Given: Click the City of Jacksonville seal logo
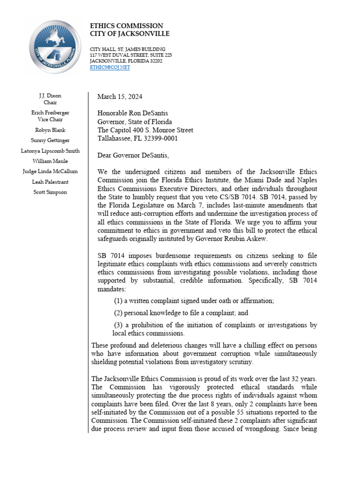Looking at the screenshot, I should tap(55, 47).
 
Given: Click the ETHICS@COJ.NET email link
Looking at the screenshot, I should tap(110, 67).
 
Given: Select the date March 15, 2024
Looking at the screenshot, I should tap(120, 97).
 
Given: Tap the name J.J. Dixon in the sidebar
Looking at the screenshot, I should tap(50, 96).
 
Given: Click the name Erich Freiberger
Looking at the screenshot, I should tap(50, 113).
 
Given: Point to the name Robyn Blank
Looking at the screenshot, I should tap(50, 130).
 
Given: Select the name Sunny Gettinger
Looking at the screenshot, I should tap(50, 140).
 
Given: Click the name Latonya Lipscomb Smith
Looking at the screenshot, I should tap(50, 151).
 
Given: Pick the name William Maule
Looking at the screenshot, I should tap(50, 161).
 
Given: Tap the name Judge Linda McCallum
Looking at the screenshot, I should tap(50, 172).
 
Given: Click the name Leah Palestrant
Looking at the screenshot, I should tap(50, 182).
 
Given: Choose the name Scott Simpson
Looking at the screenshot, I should tap(50, 192).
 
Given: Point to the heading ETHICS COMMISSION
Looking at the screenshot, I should tap(127, 26).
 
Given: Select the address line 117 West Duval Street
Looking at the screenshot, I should tap(131, 55).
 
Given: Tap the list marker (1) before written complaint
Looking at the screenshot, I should tap(118, 300).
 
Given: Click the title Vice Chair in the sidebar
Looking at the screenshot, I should tap(50, 120).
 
